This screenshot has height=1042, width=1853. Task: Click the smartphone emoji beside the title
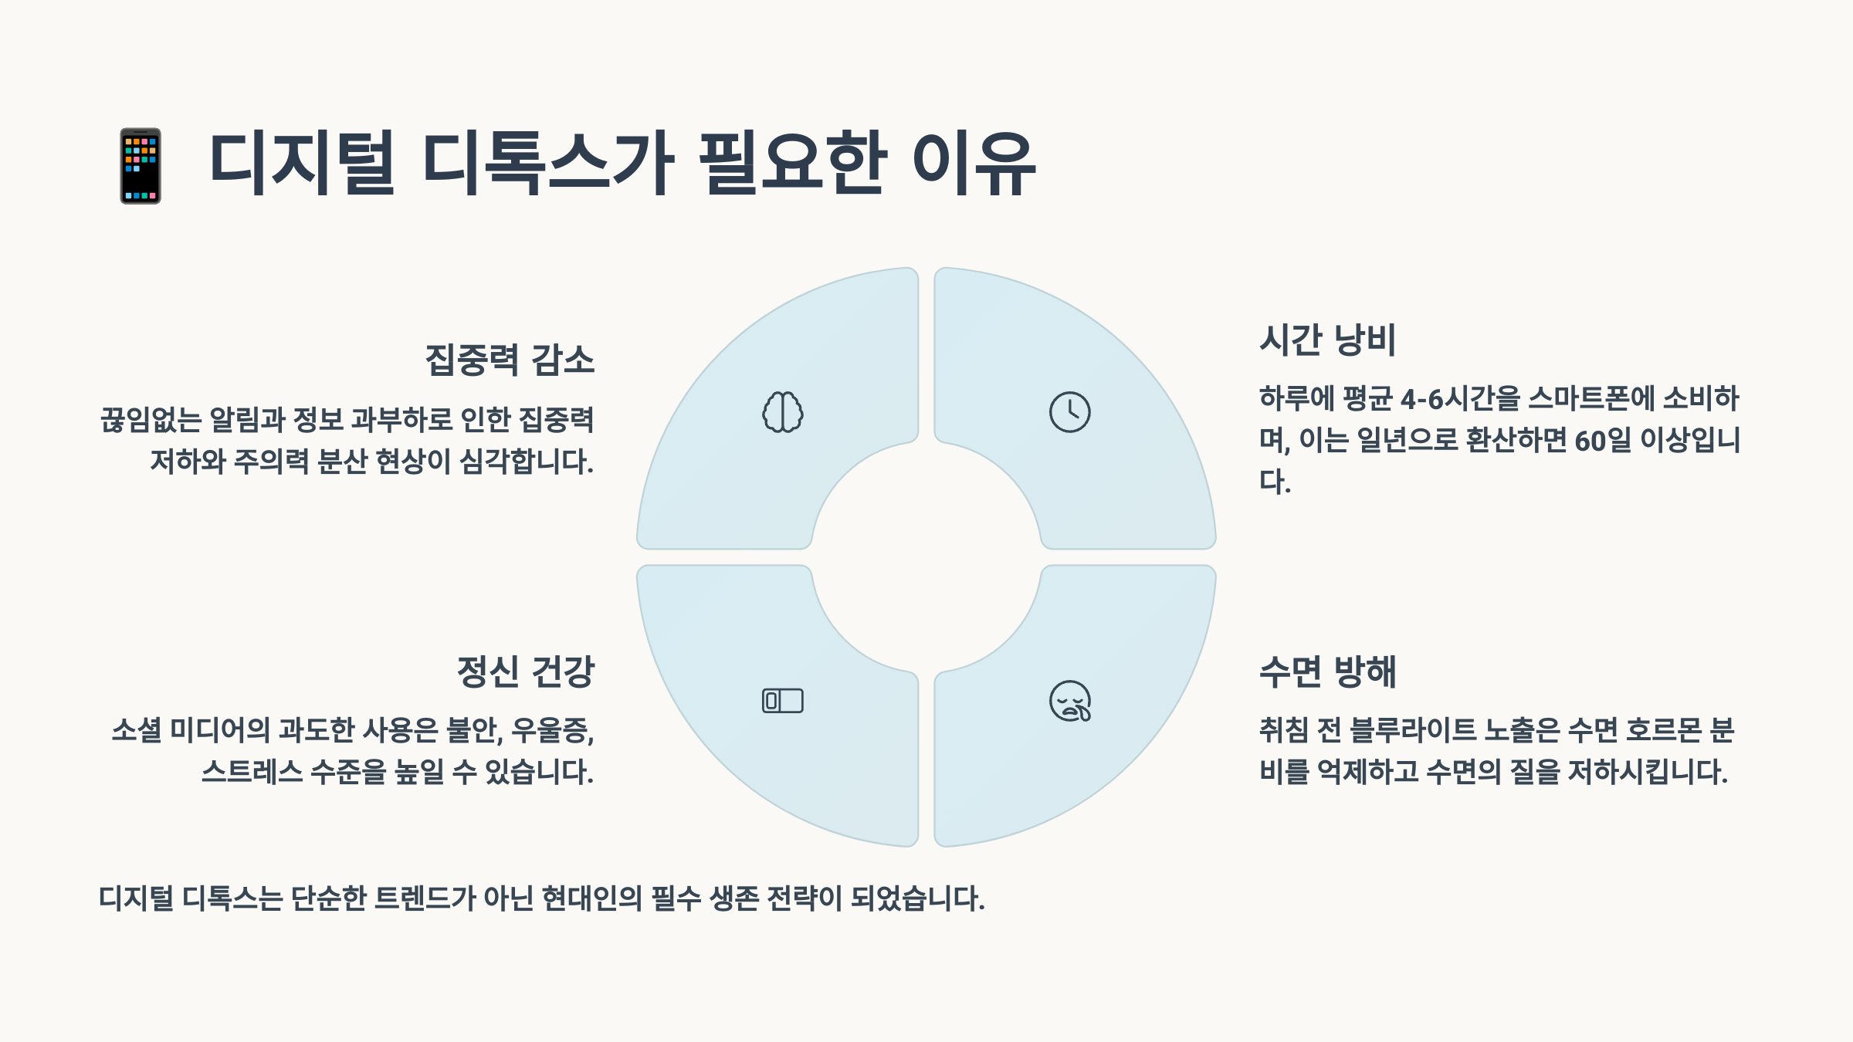click(141, 166)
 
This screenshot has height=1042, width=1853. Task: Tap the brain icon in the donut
click(783, 412)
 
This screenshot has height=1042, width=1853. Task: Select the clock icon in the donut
click(1069, 412)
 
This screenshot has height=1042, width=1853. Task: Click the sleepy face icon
click(1070, 701)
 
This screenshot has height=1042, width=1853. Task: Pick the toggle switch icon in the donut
click(783, 701)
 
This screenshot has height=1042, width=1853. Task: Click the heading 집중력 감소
click(510, 360)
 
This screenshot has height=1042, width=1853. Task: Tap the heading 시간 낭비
click(1327, 340)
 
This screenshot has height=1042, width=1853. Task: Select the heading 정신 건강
click(525, 672)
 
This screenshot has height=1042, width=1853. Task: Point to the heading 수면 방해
click(1327, 672)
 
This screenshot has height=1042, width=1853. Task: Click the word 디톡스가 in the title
click(549, 164)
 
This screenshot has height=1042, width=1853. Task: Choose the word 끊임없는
click(151, 420)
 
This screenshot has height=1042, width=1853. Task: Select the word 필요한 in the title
click(791, 164)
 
